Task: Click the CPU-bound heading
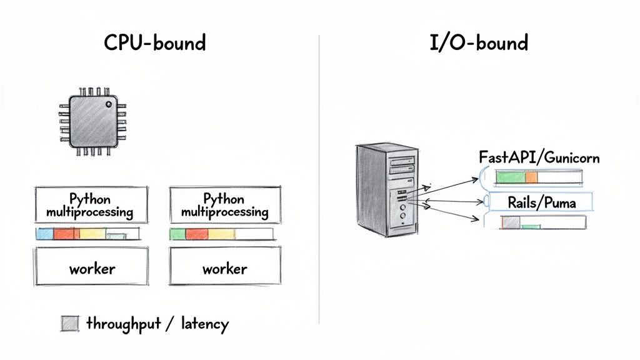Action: point(154,43)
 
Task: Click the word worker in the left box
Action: point(92,269)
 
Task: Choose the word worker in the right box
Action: point(224,269)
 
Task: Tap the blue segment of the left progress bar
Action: point(45,234)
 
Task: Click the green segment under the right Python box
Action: point(177,234)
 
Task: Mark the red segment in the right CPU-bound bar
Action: point(196,234)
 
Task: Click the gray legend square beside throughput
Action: point(70,324)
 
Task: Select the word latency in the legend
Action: point(204,324)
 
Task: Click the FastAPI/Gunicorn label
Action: point(539,157)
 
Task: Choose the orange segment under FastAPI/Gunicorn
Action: point(531,177)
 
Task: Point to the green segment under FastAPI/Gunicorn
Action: point(511,177)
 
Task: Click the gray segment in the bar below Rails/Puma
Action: point(512,222)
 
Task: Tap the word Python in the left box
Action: point(90,199)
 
